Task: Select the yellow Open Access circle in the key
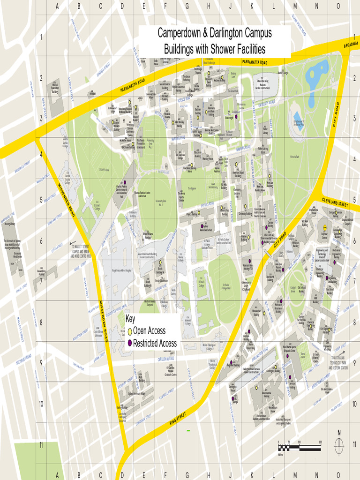click(130, 331)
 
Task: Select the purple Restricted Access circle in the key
click(130, 344)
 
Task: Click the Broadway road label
click(351, 45)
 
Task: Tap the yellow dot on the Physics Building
click(199, 212)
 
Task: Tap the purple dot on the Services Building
click(290, 378)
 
